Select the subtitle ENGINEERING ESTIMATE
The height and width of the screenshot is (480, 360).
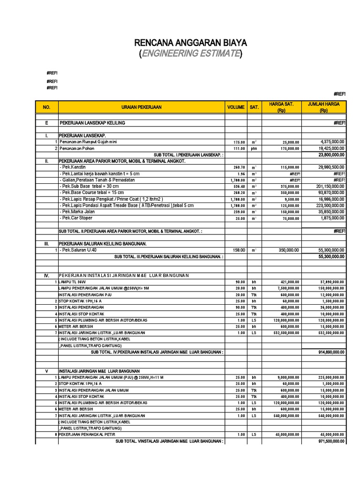tap(191, 54)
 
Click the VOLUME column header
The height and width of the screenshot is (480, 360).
tap(236, 107)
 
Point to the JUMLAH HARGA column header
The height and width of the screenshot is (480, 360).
tap(323, 107)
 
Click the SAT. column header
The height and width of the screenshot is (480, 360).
tap(254, 107)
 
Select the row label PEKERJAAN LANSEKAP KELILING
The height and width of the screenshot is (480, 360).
tap(92, 123)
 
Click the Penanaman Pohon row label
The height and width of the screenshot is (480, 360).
tap(77, 148)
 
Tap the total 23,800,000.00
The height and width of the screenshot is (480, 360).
tap(331, 154)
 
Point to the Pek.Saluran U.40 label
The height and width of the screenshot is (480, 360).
tap(78, 250)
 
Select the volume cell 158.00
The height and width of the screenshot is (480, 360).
tap(240, 250)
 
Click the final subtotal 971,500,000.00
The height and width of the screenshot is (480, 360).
tap(331, 441)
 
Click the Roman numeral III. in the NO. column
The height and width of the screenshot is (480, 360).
tap(46, 244)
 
